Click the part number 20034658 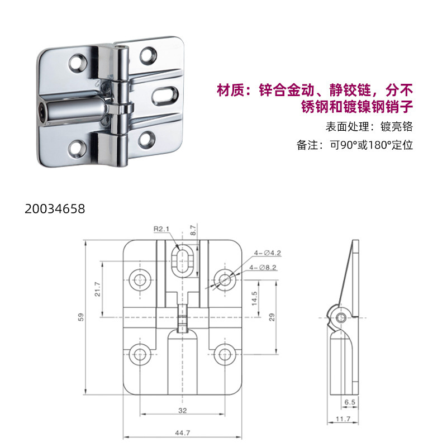[x=55, y=210]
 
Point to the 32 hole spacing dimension [x=183, y=410]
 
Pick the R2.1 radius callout [x=161, y=229]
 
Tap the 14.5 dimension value [x=254, y=297]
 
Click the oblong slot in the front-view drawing [x=182, y=261]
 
